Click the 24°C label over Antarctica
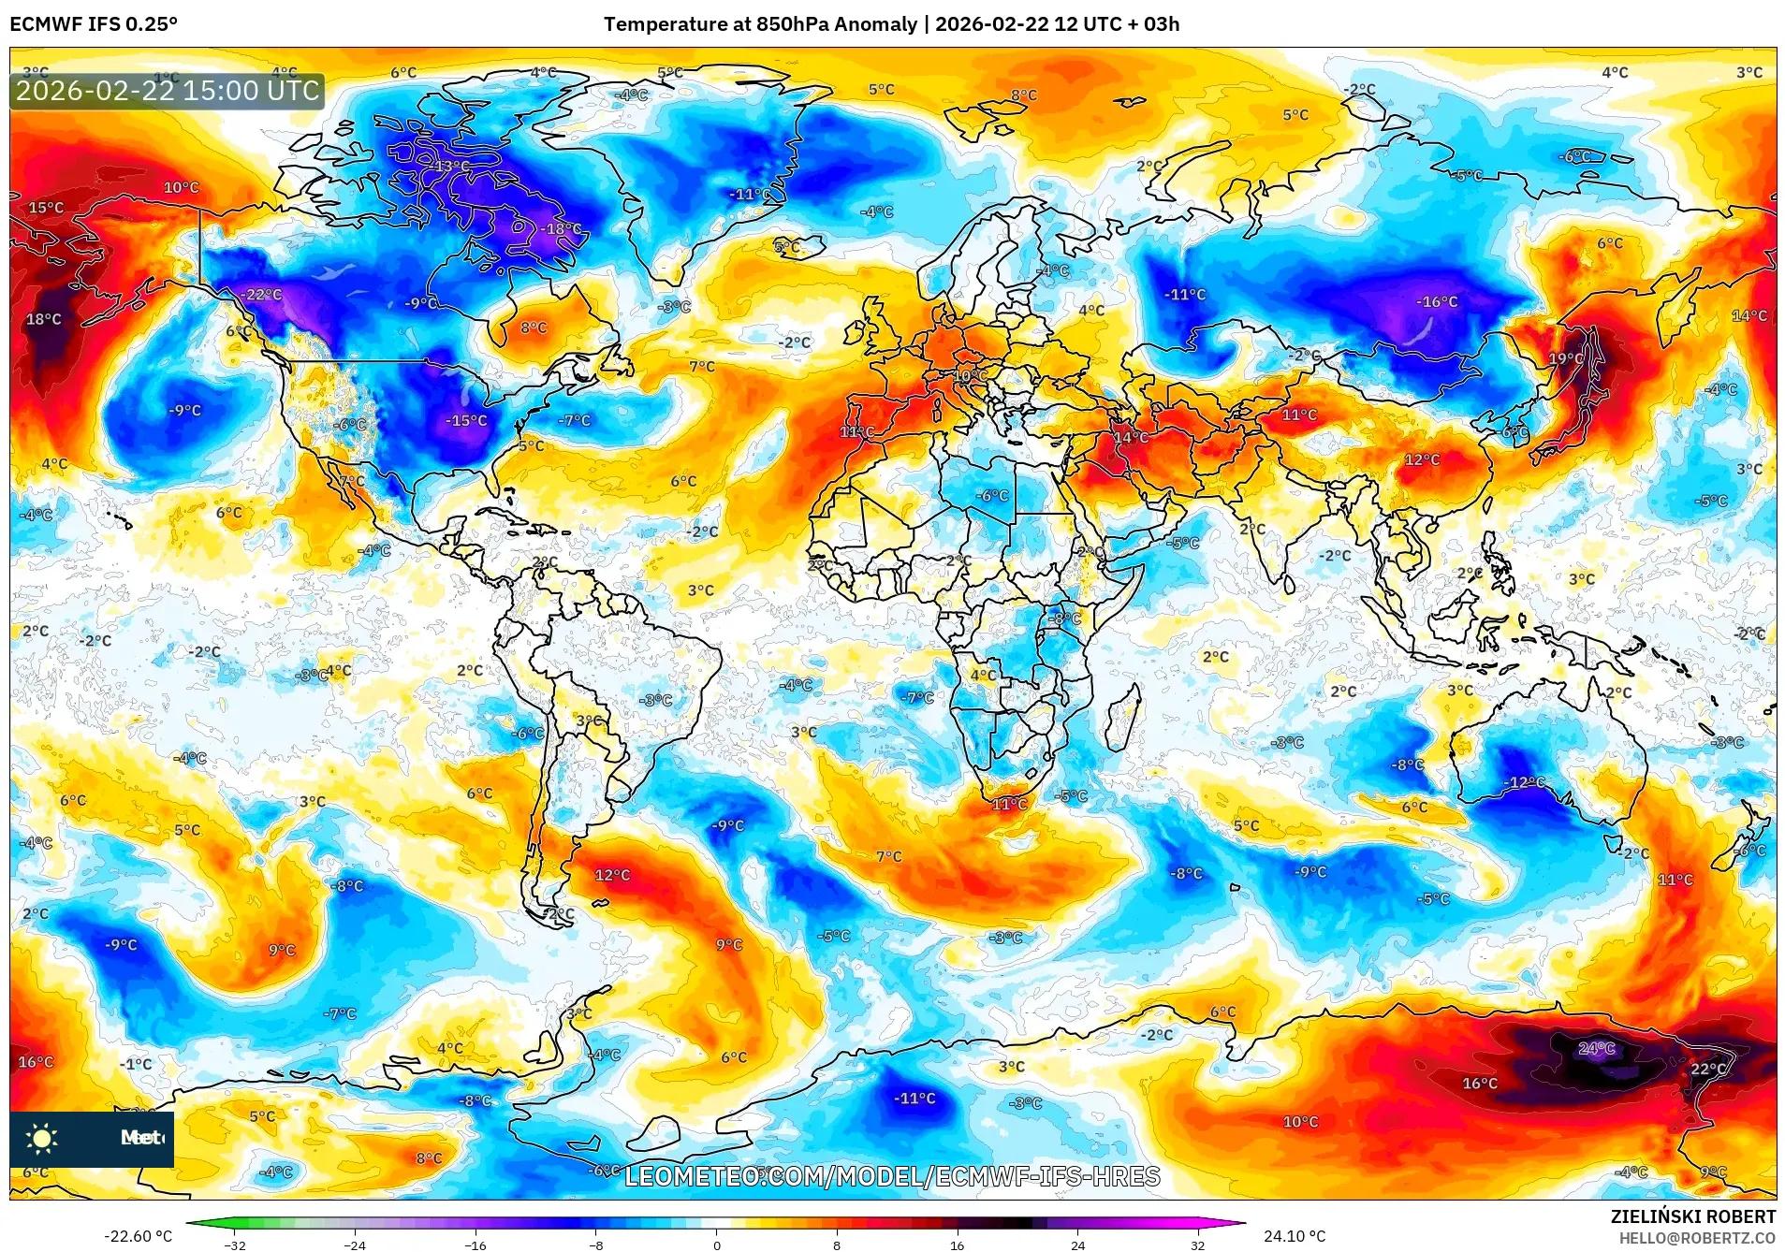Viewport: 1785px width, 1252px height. [x=1596, y=1048]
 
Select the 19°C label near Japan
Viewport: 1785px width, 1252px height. [x=1566, y=358]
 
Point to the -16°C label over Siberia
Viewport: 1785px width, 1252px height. [x=1437, y=301]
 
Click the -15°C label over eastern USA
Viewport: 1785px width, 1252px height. [x=466, y=420]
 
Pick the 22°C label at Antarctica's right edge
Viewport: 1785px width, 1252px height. [x=1708, y=1069]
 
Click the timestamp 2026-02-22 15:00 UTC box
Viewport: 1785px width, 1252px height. [x=168, y=91]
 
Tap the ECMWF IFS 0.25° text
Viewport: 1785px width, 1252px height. [x=94, y=24]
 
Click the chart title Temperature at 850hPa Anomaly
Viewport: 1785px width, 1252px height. [x=760, y=24]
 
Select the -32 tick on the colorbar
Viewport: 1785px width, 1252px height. [x=235, y=1245]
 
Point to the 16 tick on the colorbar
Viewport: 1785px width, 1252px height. [x=957, y=1245]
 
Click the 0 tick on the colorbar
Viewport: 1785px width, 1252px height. [x=717, y=1245]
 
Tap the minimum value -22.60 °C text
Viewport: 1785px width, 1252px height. [x=139, y=1236]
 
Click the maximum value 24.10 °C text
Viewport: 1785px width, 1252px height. [x=1295, y=1236]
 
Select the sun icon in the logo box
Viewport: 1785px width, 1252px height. [x=42, y=1138]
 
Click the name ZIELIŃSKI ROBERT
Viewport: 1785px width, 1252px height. [x=1692, y=1216]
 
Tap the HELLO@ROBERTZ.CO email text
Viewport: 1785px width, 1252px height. [x=1697, y=1238]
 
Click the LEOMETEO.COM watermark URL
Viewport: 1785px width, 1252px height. [x=892, y=1176]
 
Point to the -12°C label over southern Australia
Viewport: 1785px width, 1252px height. [x=1524, y=782]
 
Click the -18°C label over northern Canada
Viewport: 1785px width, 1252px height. [x=561, y=228]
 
